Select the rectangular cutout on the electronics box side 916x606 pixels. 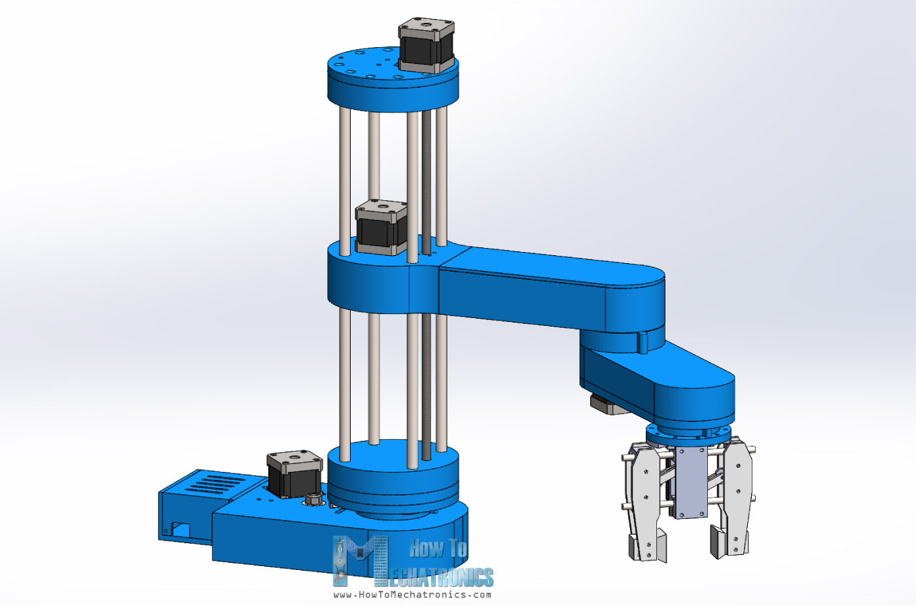coord(180,529)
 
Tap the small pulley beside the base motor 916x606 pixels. coord(313,501)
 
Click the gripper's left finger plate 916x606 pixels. coord(644,497)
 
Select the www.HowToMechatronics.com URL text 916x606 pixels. coord(412,595)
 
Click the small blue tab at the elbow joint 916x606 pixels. coord(643,342)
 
